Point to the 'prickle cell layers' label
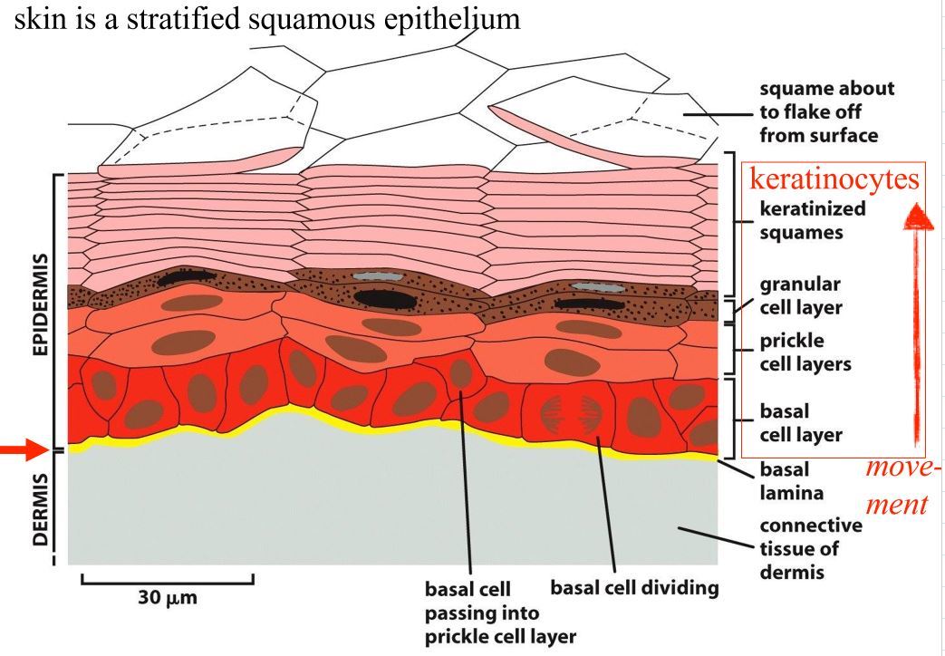click(x=805, y=352)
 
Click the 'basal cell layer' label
click(x=801, y=423)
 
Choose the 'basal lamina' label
click(x=791, y=483)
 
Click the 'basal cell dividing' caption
click(x=635, y=588)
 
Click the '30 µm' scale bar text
click(x=167, y=597)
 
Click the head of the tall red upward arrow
click(x=919, y=217)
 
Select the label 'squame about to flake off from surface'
click(x=826, y=112)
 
